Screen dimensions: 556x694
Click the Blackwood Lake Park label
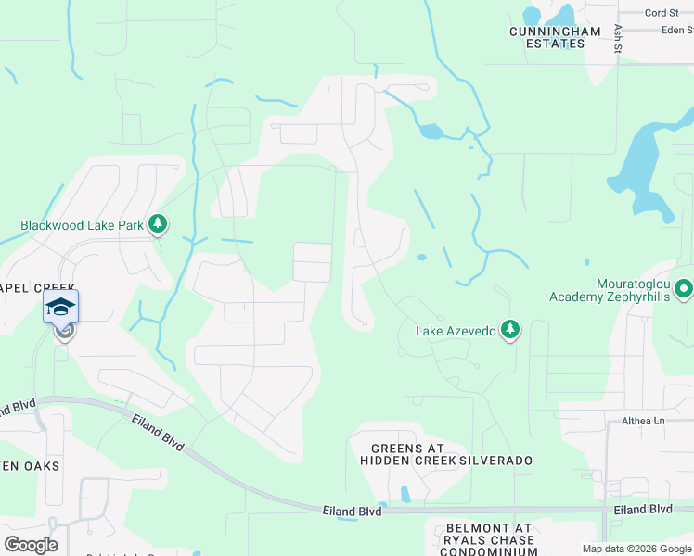[83, 224]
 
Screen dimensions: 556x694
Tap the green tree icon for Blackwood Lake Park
[159, 223]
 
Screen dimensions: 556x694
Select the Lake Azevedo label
[455, 330]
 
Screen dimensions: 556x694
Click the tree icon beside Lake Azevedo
[508, 329]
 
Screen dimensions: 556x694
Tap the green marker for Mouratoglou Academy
[684, 289]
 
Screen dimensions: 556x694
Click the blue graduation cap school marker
[60, 307]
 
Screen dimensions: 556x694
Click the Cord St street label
[662, 13]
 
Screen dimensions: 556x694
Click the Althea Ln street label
[644, 422]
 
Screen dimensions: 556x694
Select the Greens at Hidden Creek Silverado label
[452, 454]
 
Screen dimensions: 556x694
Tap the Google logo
[31, 544]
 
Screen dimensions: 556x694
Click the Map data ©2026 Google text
[636, 549]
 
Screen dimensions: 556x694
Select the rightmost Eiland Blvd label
[642, 510]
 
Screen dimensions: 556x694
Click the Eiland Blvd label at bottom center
[353, 511]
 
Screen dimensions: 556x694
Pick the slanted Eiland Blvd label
[161, 436]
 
